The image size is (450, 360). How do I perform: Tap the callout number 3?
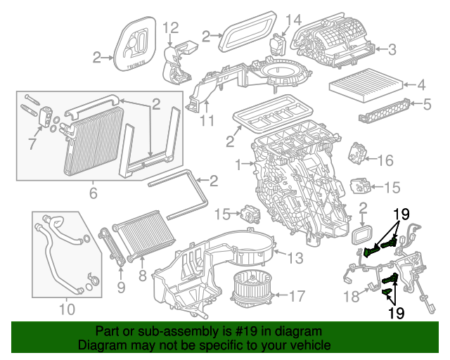pyautogui.click(x=392, y=49)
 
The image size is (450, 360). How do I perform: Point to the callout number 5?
pyautogui.click(x=427, y=105)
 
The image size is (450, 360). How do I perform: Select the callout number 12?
pyautogui.click(x=171, y=28)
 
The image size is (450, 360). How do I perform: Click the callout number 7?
pyautogui.click(x=31, y=144)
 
